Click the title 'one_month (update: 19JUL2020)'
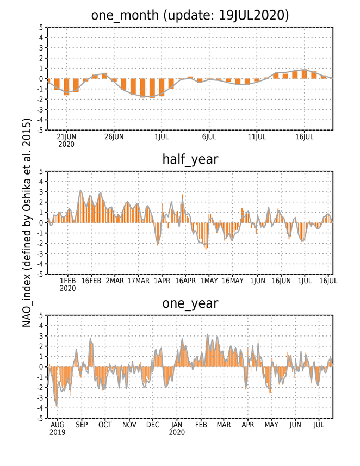(x=190, y=15)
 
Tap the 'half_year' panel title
(x=190, y=160)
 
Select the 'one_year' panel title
(x=190, y=303)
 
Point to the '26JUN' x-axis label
(x=114, y=137)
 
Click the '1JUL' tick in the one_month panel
(x=162, y=137)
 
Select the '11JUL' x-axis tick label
(x=257, y=137)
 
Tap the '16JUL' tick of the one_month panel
(x=304, y=137)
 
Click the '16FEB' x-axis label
(x=91, y=281)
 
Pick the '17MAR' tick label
(x=139, y=281)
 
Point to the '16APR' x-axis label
(x=185, y=281)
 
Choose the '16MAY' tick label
(x=232, y=281)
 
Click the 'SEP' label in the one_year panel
(x=82, y=425)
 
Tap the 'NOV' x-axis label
(x=129, y=425)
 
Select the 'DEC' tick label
(x=153, y=425)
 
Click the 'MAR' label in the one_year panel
(x=224, y=425)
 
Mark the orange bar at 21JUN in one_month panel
(x=66, y=87)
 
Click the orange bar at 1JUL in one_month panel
(x=162, y=88)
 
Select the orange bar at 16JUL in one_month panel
(x=304, y=74)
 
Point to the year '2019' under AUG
(x=58, y=432)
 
